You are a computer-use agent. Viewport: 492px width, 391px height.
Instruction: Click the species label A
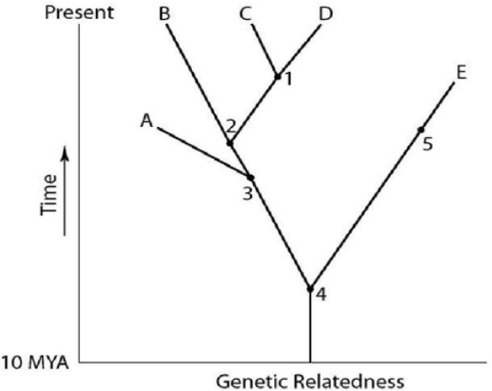147,121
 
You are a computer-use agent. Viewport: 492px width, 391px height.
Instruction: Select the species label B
165,14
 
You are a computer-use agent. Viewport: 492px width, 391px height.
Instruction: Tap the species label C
245,14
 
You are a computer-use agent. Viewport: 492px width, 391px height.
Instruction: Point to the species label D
326,14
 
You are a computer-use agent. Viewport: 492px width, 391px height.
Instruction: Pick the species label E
461,73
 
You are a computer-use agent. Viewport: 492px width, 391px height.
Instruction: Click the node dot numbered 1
278,76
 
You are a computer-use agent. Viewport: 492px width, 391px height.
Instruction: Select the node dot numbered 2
230,143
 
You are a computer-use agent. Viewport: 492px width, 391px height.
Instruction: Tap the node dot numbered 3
250,177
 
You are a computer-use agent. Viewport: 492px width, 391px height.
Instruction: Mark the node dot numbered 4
310,289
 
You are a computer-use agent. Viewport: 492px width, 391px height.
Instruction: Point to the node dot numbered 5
421,129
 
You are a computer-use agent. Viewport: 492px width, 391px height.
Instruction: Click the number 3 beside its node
248,193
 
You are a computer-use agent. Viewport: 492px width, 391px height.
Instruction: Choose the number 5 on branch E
428,144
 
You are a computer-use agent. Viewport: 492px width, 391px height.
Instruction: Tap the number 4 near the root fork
321,295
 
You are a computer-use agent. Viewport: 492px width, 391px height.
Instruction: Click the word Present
80,13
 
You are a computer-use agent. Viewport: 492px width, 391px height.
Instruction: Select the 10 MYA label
35,363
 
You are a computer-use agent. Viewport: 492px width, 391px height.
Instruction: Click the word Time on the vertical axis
49,195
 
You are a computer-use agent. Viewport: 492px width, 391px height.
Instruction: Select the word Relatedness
348,382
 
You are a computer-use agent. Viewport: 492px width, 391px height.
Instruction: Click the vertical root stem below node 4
310,326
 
